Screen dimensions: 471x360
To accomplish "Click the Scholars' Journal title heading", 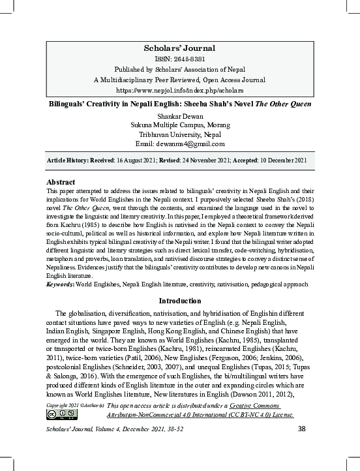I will [x=179, y=48].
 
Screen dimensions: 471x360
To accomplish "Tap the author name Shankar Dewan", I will [x=180, y=115].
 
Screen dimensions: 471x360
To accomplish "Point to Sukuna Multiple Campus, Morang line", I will [x=180, y=125].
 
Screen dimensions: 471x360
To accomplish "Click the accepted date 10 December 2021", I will [x=284, y=160].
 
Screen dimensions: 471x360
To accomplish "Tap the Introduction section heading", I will [x=180, y=301].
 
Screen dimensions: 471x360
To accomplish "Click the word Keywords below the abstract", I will [x=61, y=284].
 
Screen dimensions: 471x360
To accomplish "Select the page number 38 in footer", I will [x=301, y=428].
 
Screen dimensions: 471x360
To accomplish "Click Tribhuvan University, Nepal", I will [x=180, y=134].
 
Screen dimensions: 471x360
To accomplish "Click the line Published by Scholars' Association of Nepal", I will [x=179, y=68].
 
